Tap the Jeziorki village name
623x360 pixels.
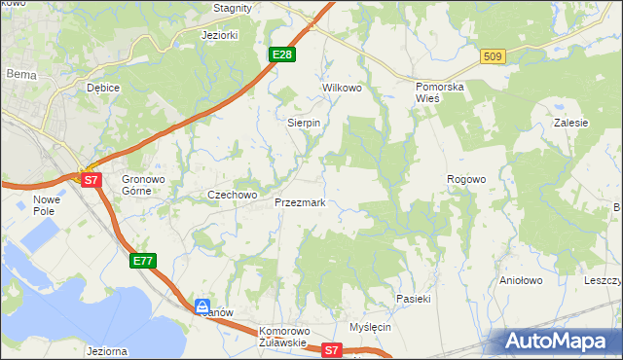(x=219, y=35)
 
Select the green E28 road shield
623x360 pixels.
(x=282, y=54)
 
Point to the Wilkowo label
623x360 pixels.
(x=342, y=88)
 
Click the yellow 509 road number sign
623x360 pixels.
(x=492, y=57)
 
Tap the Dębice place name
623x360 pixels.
(x=102, y=88)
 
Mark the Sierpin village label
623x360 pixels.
(x=304, y=124)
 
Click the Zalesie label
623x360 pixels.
(x=570, y=123)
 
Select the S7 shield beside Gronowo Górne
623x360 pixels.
(x=91, y=180)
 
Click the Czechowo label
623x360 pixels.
(x=232, y=195)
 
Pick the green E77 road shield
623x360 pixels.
(x=142, y=260)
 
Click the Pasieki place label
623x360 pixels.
(x=413, y=299)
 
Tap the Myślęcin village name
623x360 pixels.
(x=370, y=327)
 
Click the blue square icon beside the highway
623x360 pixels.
(x=202, y=306)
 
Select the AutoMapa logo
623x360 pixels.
(x=560, y=341)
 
